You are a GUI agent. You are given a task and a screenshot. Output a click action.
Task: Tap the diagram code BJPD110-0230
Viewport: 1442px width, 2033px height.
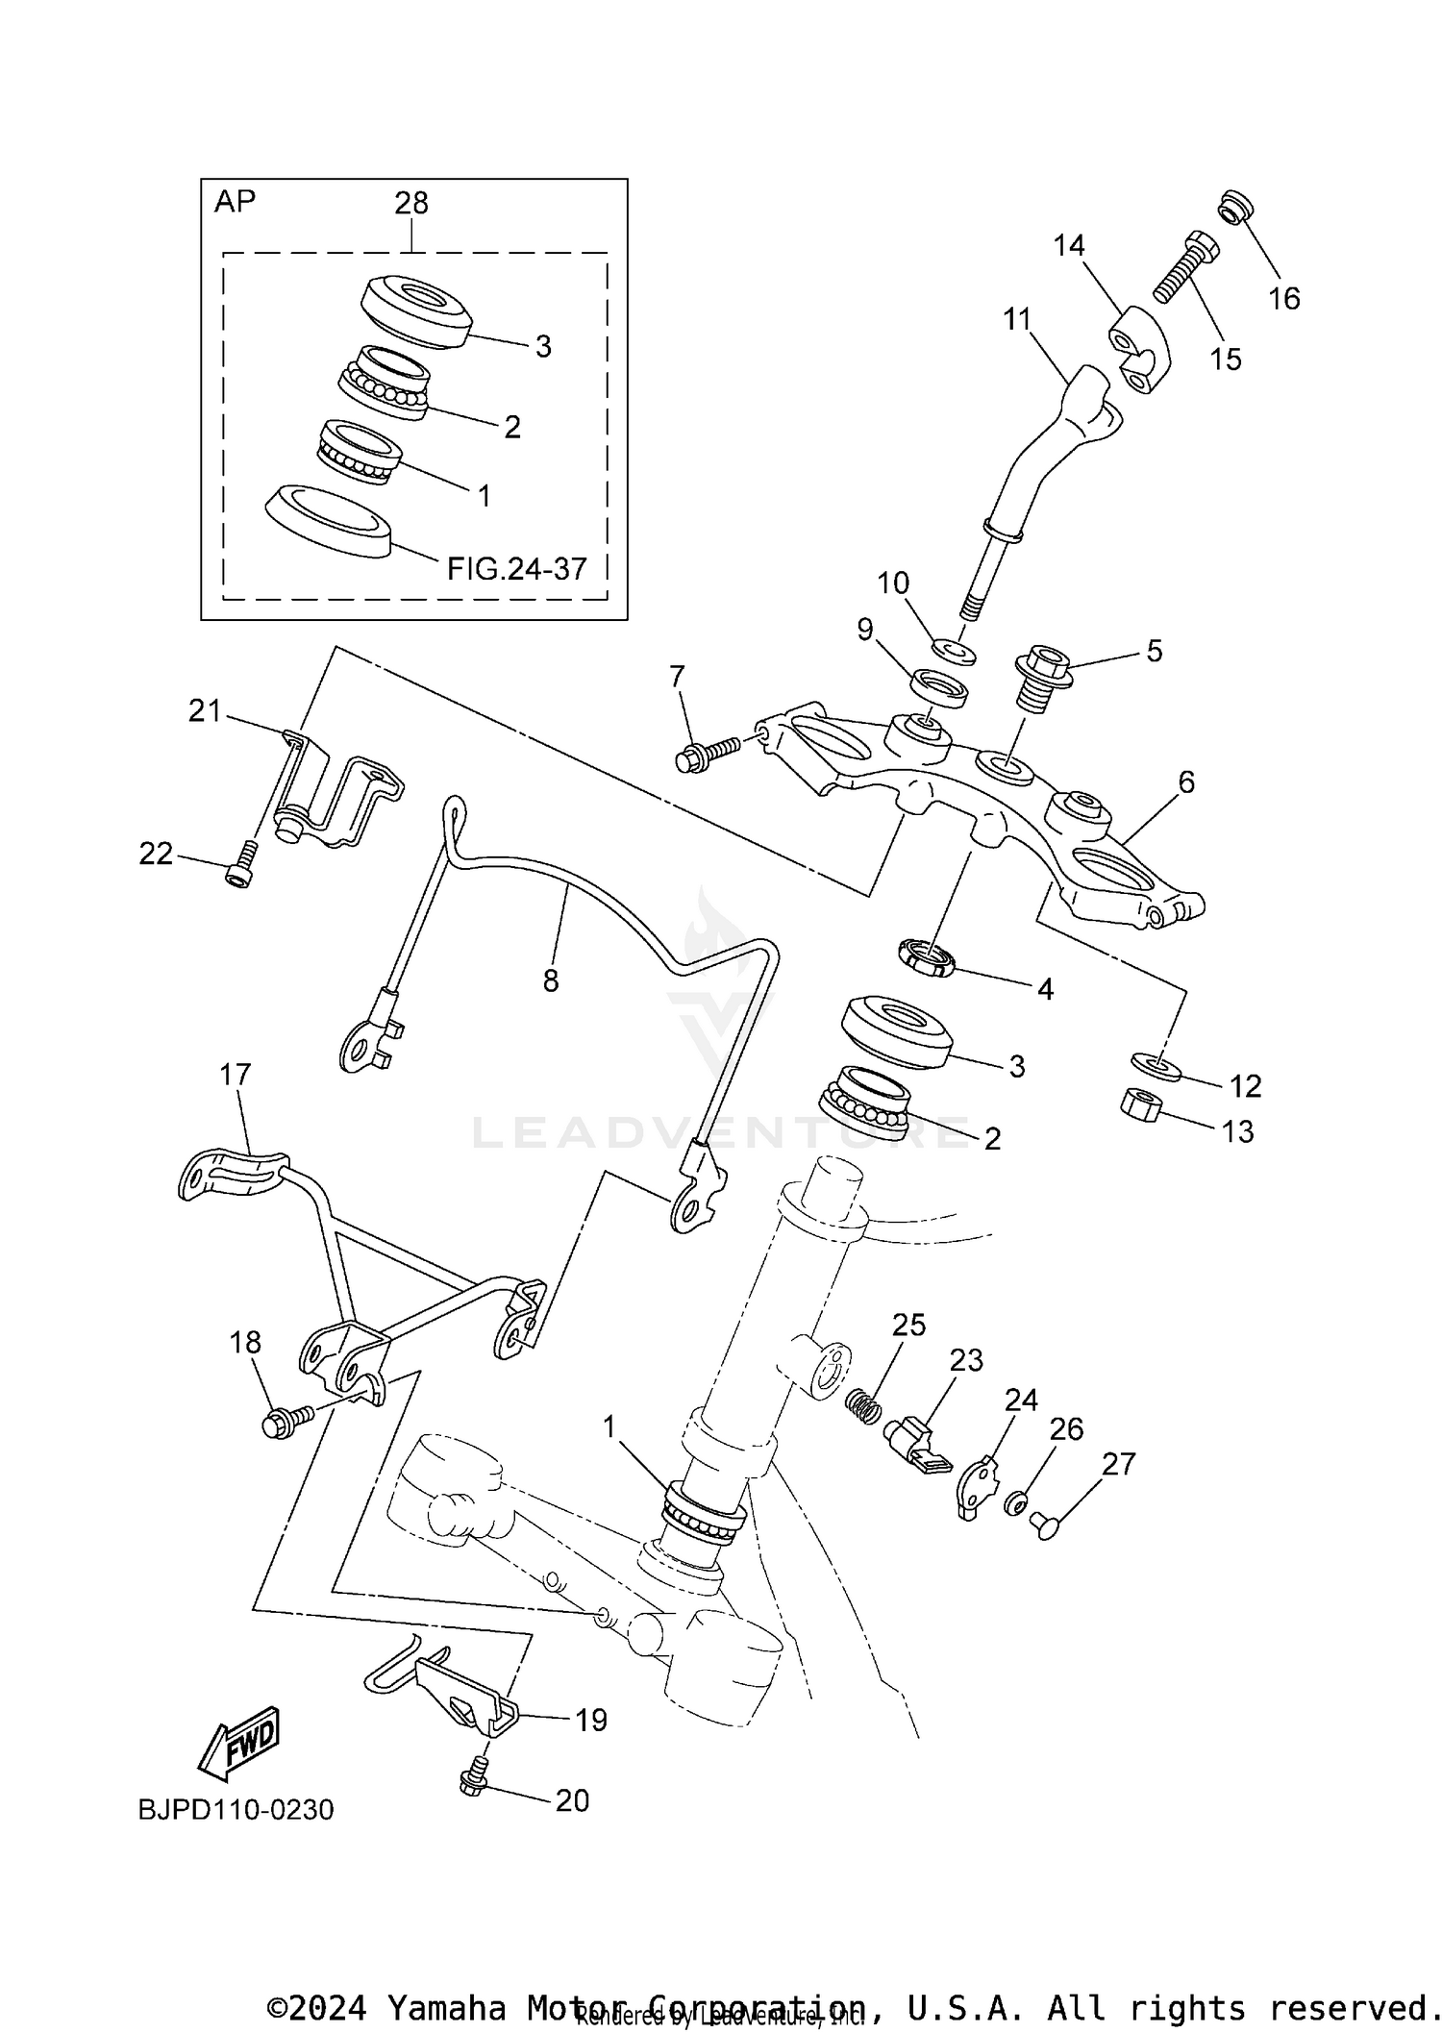tap(236, 1810)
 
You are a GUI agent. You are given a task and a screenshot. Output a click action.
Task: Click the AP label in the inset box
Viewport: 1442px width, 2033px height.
tap(235, 202)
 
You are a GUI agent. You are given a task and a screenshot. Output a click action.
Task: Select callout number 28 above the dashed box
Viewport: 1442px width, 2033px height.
tap(411, 203)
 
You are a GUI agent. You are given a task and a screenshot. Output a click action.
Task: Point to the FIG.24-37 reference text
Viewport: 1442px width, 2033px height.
tap(516, 569)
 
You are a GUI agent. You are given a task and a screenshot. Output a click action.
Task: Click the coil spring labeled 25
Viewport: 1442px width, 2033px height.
tap(866, 1409)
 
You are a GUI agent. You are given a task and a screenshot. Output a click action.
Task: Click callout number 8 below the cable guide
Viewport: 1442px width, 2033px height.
tap(551, 980)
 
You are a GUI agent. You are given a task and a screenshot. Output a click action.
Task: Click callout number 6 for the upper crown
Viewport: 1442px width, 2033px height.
tap(1186, 782)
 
